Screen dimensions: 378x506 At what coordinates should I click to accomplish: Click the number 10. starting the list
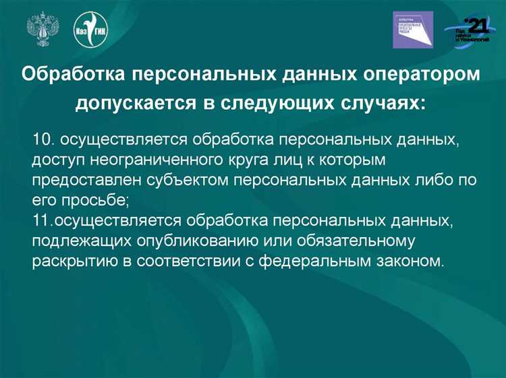pyautogui.click(x=44, y=139)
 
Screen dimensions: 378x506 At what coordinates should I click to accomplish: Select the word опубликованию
pyautogui.click(x=190, y=241)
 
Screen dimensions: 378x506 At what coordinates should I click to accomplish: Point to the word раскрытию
pyautogui.click(x=73, y=261)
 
